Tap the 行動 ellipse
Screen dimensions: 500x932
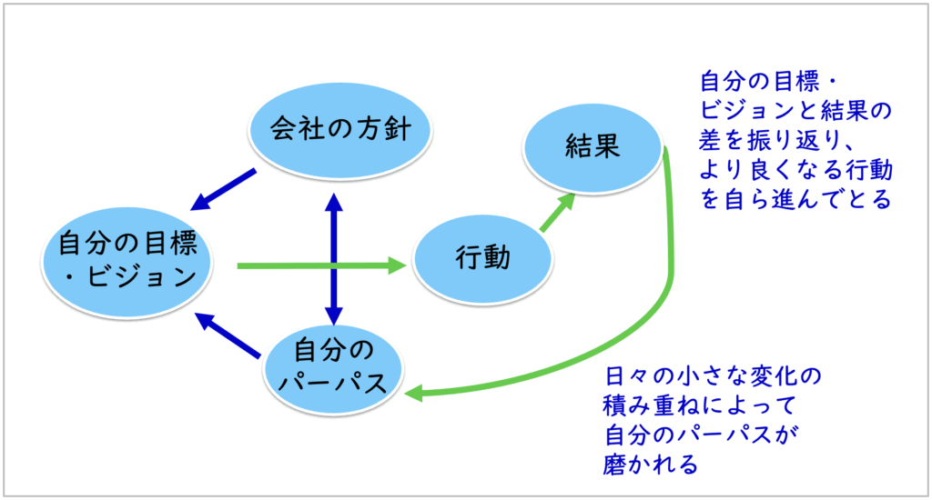point(482,259)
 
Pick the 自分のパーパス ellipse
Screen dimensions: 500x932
point(336,364)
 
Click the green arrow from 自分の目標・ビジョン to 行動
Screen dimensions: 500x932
point(319,265)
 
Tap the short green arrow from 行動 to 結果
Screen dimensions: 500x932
point(556,213)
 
